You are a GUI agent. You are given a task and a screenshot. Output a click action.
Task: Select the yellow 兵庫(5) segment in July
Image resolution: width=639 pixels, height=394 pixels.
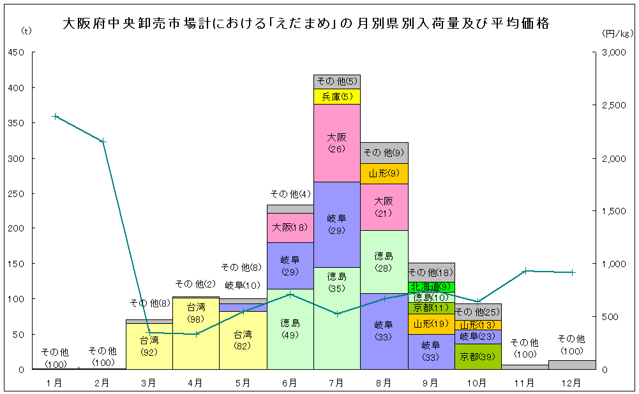coord(337,96)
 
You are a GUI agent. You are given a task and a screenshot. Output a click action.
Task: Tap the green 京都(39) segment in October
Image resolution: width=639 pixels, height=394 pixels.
coord(478,356)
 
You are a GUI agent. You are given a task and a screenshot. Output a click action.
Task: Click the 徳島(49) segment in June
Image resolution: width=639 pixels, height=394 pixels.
coord(290,329)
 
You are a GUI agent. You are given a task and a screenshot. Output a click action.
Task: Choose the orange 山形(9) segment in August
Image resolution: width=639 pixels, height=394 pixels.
coord(384,173)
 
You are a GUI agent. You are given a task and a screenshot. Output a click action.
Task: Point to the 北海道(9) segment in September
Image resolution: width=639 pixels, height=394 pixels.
coord(431,286)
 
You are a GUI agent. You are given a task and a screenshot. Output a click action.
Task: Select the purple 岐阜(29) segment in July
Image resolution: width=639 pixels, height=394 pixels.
coord(337,224)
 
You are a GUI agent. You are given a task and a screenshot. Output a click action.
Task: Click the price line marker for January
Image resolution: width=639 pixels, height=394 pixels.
coord(56,117)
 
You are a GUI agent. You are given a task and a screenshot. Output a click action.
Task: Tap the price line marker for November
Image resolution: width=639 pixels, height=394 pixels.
coord(525,271)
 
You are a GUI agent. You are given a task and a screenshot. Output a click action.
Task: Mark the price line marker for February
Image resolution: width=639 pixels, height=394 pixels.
coord(103,141)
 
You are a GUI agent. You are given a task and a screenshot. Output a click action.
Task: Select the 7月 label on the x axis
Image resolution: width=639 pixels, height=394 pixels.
coord(336,383)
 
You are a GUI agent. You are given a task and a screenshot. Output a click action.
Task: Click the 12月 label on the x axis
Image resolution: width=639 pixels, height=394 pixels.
coord(571,383)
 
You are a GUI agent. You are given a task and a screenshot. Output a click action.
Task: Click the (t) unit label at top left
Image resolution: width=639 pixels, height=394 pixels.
coord(26,30)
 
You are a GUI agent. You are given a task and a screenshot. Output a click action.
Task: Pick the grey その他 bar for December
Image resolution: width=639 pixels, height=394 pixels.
coord(572,365)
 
